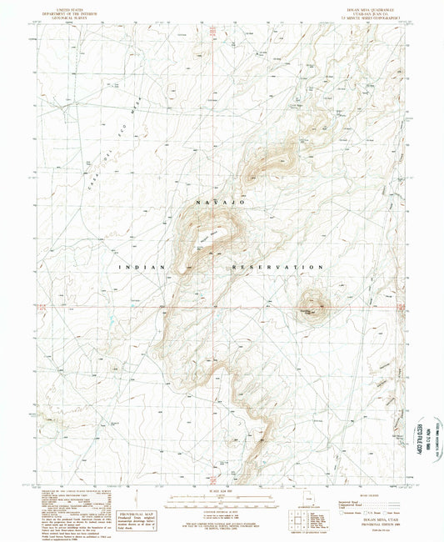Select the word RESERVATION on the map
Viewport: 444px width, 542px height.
pyautogui.click(x=278, y=267)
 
